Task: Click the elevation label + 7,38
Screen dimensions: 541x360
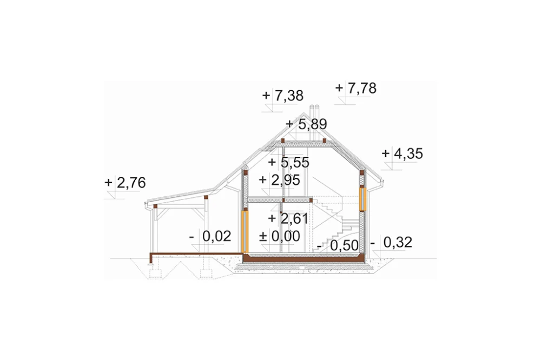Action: [283, 95]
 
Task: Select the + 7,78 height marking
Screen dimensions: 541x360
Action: [356, 88]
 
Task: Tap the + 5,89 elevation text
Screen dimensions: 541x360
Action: [306, 124]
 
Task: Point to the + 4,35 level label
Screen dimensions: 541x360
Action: [403, 154]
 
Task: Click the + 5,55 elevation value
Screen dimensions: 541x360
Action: [289, 162]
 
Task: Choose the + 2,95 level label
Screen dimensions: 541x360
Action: [280, 180]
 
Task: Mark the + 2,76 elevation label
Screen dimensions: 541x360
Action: [125, 183]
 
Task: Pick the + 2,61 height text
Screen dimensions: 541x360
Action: [288, 218]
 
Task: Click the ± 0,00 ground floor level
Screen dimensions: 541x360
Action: [280, 237]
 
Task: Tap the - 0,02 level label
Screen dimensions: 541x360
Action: [210, 237]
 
